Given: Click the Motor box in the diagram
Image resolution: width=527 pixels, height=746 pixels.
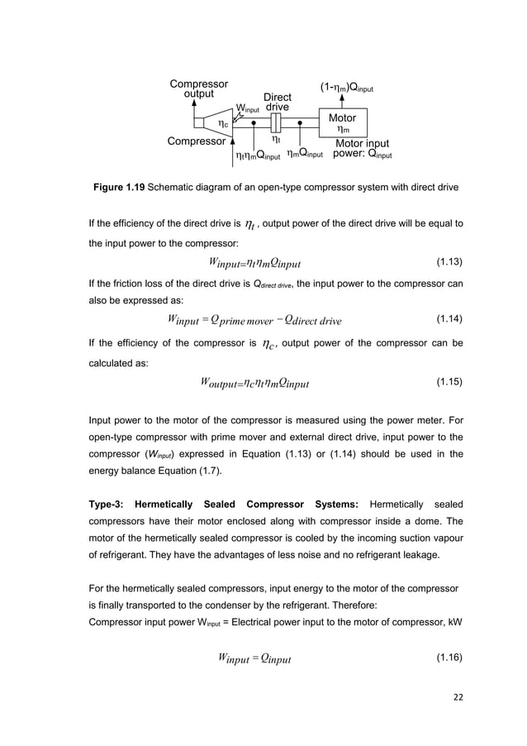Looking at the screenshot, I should (x=343, y=123).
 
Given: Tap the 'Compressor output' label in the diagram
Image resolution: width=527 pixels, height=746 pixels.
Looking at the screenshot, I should (x=198, y=88).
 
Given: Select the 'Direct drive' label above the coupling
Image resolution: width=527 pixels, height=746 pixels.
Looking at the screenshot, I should (x=277, y=102).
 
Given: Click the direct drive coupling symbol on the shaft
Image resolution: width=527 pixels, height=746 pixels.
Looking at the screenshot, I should (x=277, y=123).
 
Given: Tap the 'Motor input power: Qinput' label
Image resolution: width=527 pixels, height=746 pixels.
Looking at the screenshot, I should (x=363, y=149).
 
